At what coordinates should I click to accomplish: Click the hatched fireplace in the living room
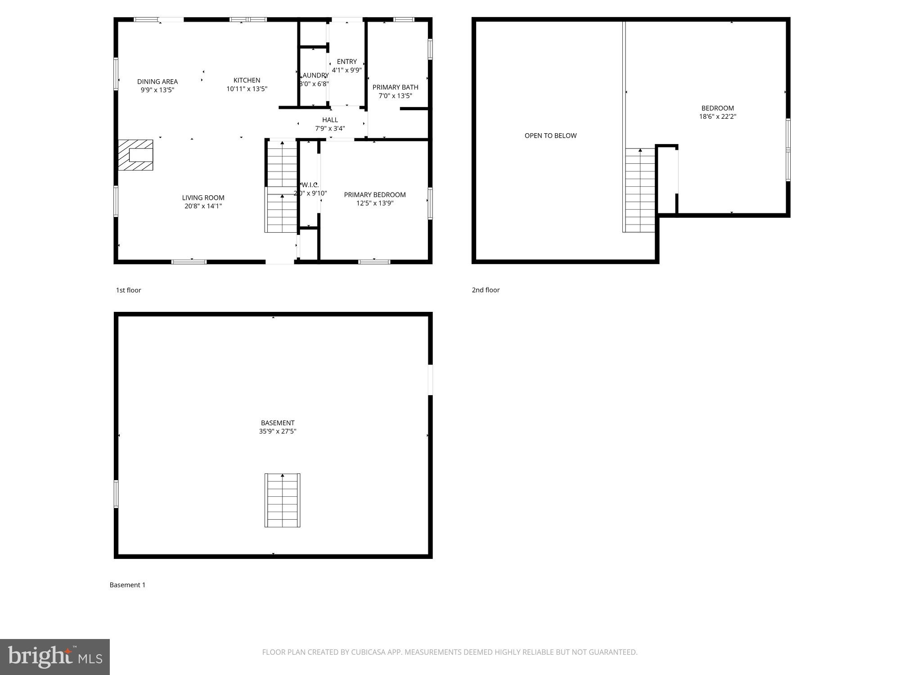pos(135,155)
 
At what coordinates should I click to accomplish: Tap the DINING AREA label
pos(157,81)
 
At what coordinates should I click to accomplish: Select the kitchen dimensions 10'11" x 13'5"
pos(247,89)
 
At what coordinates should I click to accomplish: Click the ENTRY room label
pos(346,62)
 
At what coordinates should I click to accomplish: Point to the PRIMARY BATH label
pos(395,87)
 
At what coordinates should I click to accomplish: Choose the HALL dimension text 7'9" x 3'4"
pos(330,128)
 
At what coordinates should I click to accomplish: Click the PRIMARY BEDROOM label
pos(375,195)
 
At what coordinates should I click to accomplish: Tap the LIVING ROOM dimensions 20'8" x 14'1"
pos(203,206)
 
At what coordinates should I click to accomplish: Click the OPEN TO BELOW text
pos(550,135)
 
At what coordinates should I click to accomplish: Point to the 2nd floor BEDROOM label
pos(717,108)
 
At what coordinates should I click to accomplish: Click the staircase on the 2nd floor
pos(639,190)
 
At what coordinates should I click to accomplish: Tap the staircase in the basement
pos(282,500)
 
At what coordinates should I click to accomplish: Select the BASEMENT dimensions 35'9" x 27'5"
pos(278,431)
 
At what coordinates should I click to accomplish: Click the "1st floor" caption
pos(129,290)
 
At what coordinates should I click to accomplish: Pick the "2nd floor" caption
pos(486,290)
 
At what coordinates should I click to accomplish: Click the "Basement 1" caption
pos(127,585)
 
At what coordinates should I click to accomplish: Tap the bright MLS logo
pos(55,657)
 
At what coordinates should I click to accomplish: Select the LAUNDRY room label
pos(315,75)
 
